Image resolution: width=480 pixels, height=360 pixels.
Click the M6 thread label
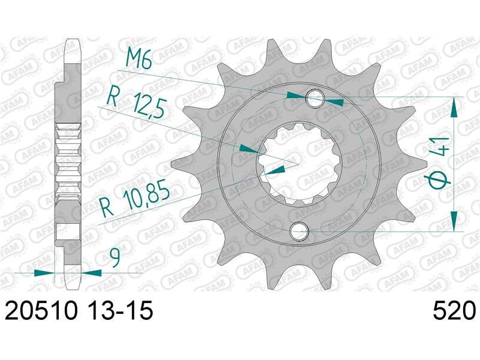click(x=139, y=59)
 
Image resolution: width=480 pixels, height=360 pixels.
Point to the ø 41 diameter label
click(x=438, y=163)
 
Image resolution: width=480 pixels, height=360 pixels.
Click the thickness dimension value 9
click(x=116, y=257)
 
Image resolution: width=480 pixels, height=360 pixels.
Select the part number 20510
click(x=41, y=310)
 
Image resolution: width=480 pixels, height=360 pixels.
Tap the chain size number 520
click(x=454, y=310)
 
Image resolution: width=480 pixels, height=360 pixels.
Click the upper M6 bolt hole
click(x=316, y=98)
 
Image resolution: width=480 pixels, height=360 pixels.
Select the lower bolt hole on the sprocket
click(x=299, y=230)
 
